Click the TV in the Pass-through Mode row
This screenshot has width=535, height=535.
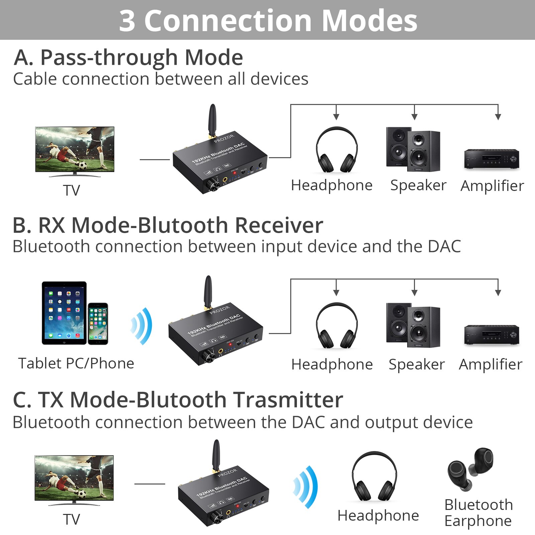pyautogui.click(x=75, y=149)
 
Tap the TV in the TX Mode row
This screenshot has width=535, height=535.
pyautogui.click(x=74, y=478)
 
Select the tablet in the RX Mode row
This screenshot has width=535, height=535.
pyautogui.click(x=64, y=313)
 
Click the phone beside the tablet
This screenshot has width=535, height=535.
pyautogui.click(x=98, y=324)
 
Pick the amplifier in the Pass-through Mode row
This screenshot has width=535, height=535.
pyautogui.click(x=492, y=159)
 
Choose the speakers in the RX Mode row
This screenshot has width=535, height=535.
pyautogui.click(x=413, y=325)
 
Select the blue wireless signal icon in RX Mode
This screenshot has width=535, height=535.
pyautogui.click(x=142, y=326)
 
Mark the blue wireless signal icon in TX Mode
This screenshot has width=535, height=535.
pyautogui.click(x=306, y=487)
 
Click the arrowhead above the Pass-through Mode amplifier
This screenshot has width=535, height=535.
pyautogui.click(x=498, y=117)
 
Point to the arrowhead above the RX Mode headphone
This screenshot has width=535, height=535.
pyautogui.click(x=336, y=293)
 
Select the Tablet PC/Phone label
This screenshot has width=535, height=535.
pyautogui.click(x=76, y=363)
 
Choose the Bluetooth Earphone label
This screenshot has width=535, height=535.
pyautogui.click(x=478, y=513)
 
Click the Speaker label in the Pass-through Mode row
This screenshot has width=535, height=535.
pyautogui.click(x=418, y=185)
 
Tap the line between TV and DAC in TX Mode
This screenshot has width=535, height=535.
pyautogui.click(x=149, y=484)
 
